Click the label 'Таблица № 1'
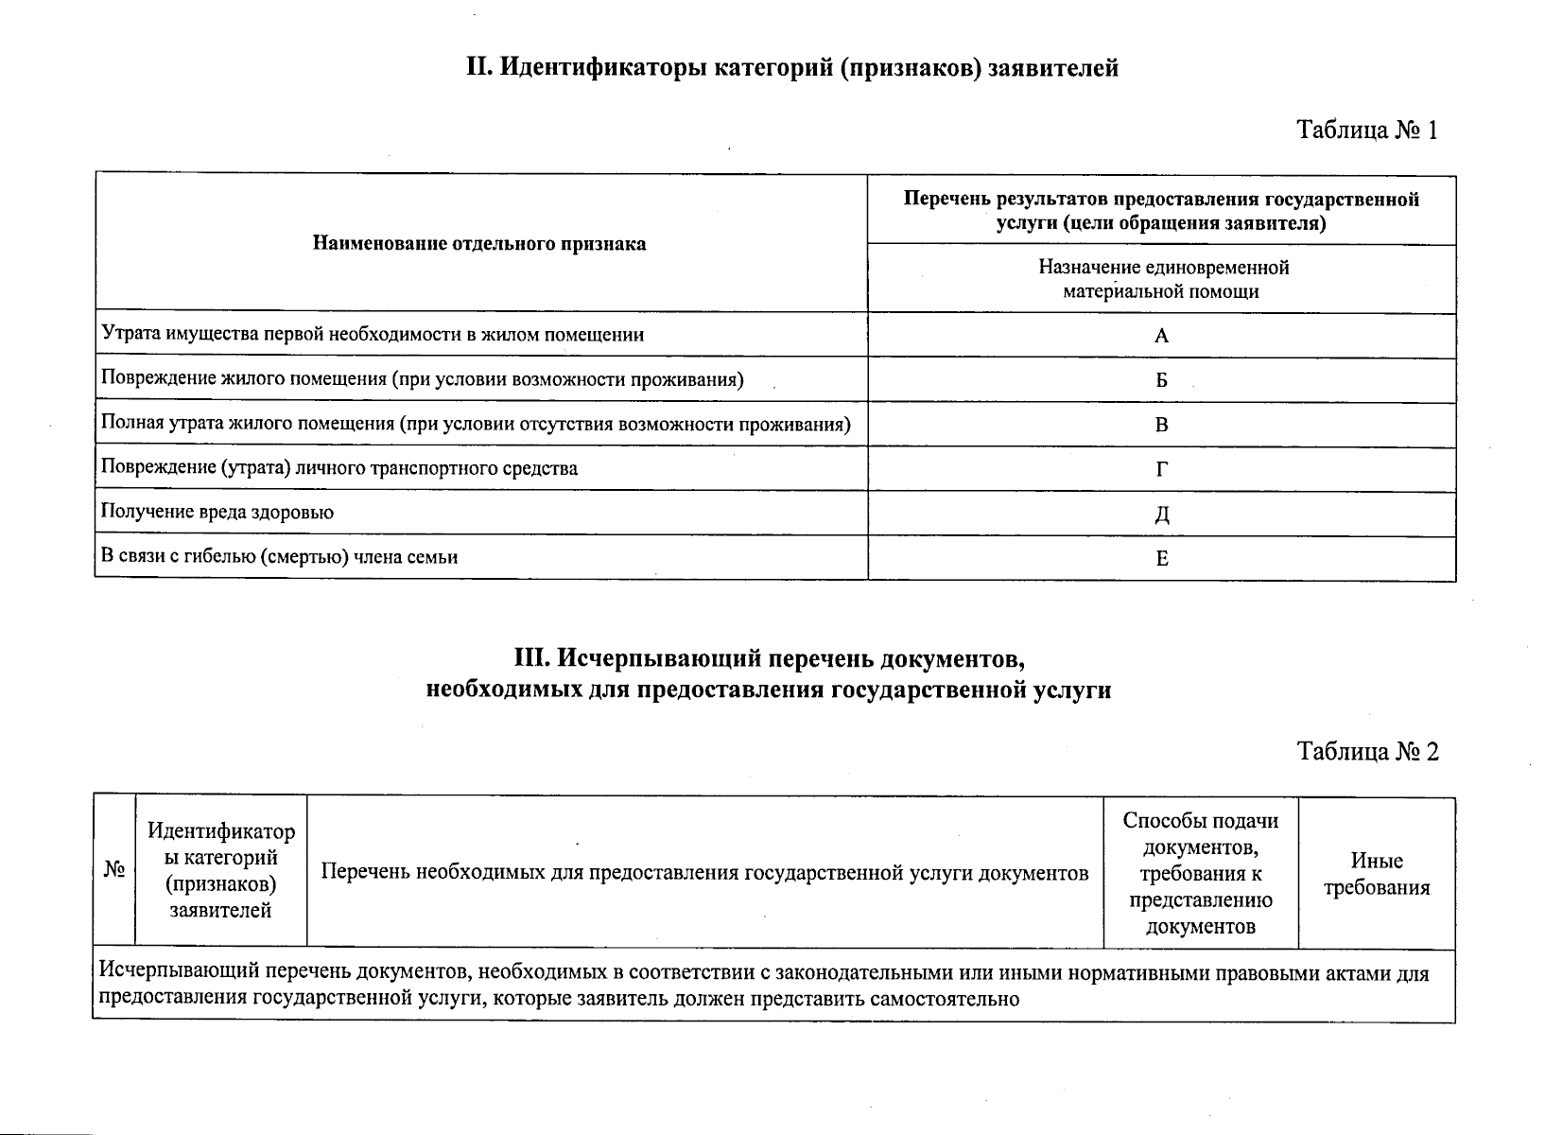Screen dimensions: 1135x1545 tap(1366, 131)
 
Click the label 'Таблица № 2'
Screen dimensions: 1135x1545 tap(1367, 752)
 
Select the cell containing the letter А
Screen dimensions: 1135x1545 tap(1162, 336)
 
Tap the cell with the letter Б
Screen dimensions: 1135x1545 tap(1162, 380)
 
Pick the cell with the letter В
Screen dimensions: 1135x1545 tap(1162, 425)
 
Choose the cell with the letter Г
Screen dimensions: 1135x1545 tap(1162, 469)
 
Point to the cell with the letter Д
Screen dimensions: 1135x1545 tap(1162, 515)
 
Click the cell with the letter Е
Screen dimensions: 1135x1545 tap(1162, 559)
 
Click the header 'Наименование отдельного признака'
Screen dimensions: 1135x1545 tap(479, 244)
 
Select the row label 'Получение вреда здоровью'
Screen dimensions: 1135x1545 tap(217, 513)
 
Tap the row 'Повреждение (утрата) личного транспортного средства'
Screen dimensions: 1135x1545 tap(339, 468)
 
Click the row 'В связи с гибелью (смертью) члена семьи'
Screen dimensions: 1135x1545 tap(280, 557)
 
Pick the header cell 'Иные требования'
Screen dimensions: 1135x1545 tap(1376, 874)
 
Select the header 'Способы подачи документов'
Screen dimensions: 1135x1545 tap(1200, 873)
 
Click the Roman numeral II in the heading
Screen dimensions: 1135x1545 tap(477, 69)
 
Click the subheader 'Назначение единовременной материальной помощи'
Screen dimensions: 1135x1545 tap(1162, 279)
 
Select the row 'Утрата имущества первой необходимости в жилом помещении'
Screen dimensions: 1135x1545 tap(373, 334)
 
